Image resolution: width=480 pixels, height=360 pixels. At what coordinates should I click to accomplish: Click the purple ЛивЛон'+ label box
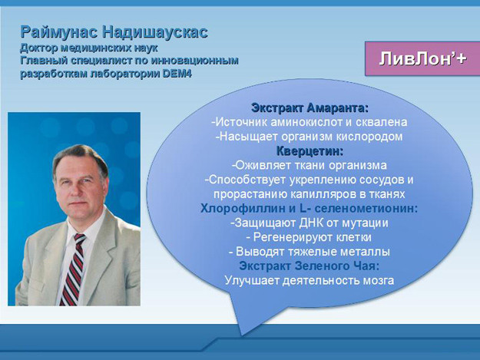(x=422, y=59)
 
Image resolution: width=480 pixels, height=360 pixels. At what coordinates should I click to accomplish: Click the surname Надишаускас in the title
(x=155, y=32)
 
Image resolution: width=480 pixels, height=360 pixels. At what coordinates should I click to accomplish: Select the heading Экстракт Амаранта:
(x=310, y=107)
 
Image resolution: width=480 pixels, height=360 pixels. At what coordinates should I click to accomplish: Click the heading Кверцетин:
(x=310, y=151)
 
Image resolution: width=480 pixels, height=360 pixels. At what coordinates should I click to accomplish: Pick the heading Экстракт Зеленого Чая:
(x=310, y=266)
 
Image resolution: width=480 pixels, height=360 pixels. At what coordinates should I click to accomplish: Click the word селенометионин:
(x=366, y=209)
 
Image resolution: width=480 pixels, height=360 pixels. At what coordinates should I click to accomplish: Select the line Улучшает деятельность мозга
(x=310, y=280)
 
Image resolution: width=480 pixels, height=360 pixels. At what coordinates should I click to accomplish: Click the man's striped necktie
(x=74, y=269)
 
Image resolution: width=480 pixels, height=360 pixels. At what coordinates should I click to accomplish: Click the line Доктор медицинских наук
(x=89, y=48)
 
